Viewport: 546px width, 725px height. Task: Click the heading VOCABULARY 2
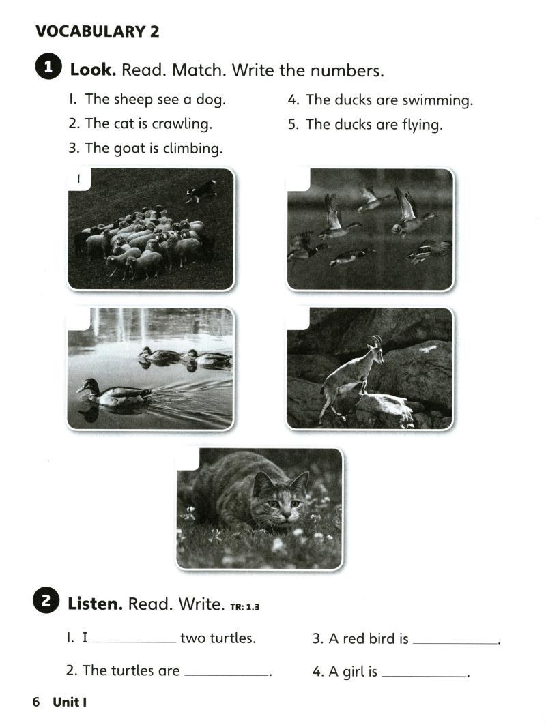[97, 31]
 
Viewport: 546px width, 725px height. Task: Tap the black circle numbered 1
[48, 68]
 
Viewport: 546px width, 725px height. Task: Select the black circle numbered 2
[46, 601]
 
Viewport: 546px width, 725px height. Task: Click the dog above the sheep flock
[201, 190]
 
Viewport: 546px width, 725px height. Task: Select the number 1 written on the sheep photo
[78, 179]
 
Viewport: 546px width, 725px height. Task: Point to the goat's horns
[376, 341]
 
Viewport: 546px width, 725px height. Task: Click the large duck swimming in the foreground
[113, 393]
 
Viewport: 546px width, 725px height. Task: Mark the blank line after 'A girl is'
[425, 676]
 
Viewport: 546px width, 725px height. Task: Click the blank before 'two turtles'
[134, 642]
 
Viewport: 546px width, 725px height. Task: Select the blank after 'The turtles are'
[226, 675]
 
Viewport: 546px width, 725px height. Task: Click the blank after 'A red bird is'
[455, 642]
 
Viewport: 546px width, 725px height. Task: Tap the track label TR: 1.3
[245, 606]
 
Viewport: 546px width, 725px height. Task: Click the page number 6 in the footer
[36, 702]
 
